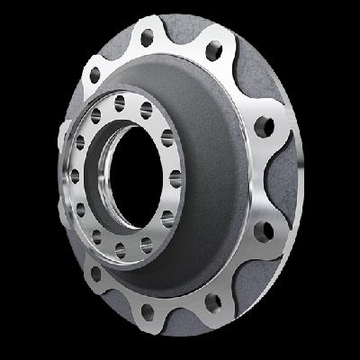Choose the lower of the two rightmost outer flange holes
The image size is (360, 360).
pos(264,231)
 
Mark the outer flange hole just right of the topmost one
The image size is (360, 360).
pos(216,50)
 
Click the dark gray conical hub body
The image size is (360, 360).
pos(216,180)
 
